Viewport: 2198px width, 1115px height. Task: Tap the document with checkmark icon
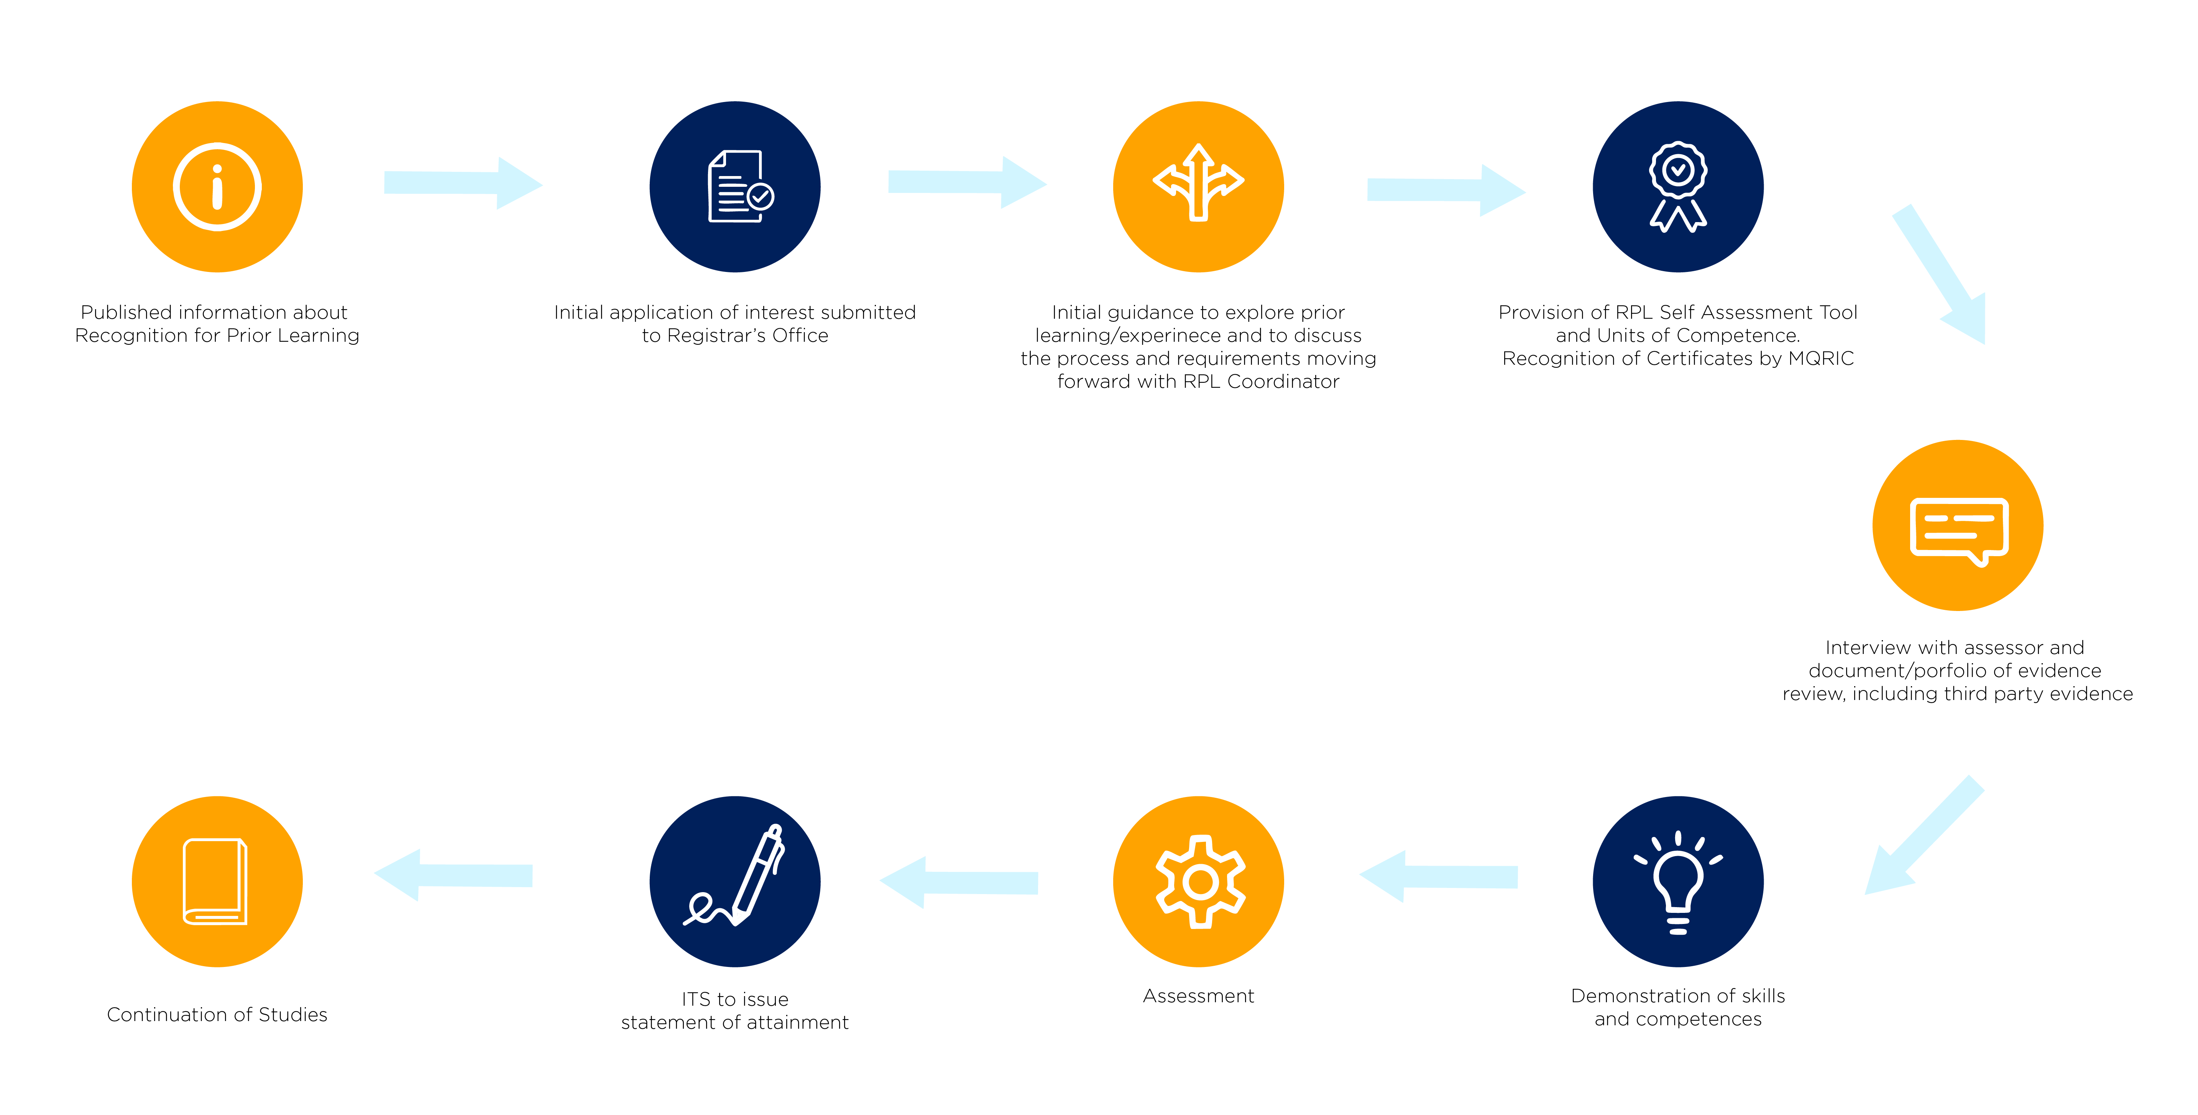tap(739, 187)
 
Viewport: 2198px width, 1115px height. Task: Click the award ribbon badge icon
tap(1677, 187)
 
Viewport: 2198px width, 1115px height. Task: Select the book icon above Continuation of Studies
tap(215, 882)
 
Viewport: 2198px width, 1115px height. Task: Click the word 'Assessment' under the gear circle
tap(1198, 996)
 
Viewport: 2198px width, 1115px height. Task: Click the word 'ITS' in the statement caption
tap(695, 1000)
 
